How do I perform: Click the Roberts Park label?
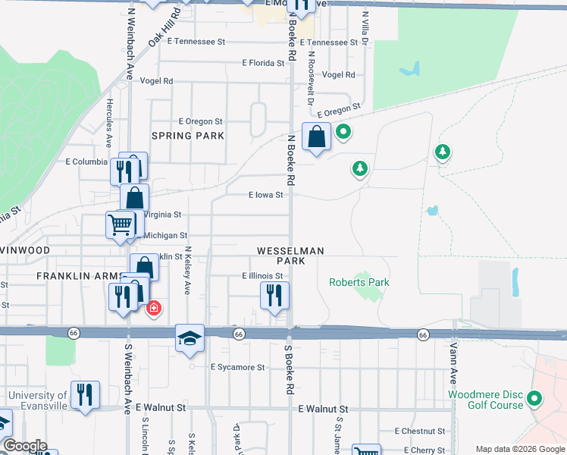click(x=359, y=282)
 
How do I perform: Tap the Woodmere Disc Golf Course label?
click(x=486, y=400)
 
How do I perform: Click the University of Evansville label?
click(x=38, y=400)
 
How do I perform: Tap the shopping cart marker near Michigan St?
click(x=121, y=224)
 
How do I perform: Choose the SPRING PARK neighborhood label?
click(x=188, y=136)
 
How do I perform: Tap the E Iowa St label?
click(x=265, y=195)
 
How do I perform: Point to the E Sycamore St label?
click(x=237, y=367)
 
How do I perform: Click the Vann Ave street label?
click(x=453, y=364)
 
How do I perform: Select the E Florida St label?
click(x=262, y=64)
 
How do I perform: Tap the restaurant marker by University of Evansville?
click(x=84, y=394)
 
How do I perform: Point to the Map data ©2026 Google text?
click(x=519, y=449)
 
